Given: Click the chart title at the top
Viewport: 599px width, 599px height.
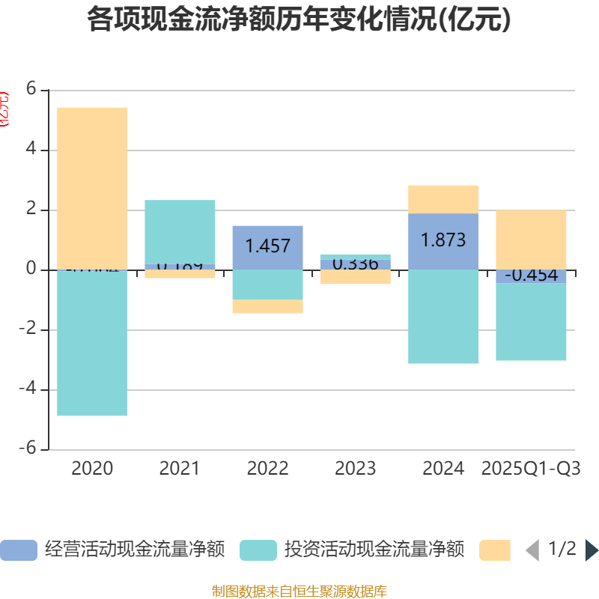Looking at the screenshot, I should pos(299,19).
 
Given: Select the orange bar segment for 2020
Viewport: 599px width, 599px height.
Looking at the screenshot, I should pos(92,187).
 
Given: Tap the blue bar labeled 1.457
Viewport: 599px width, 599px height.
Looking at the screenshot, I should pos(267,246).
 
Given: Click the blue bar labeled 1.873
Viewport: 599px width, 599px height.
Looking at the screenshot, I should pos(443,240).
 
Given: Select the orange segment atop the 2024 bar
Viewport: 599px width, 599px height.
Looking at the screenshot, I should pos(443,199).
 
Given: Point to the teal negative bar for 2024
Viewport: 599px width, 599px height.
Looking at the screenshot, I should pos(443,316).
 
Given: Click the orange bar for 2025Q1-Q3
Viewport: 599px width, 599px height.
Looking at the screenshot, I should pos(531,239).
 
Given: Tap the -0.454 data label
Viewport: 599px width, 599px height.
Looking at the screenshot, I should pos(531,276).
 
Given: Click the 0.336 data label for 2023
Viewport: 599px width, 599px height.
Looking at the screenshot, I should pos(355,264).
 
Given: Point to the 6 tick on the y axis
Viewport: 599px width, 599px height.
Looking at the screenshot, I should pos(31,89).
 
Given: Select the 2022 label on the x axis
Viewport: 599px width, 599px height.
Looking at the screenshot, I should pos(267,469).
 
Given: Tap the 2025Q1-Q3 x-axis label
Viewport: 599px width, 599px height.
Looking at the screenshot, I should pos(531,469).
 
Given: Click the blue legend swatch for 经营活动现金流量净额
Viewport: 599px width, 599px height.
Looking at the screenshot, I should pos(19,550).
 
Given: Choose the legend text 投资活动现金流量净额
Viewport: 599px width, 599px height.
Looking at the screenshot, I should pos(374,550).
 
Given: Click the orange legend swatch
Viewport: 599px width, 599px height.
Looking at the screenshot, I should pos(495,550).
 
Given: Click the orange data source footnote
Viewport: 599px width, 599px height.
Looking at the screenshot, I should pos(299,592).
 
